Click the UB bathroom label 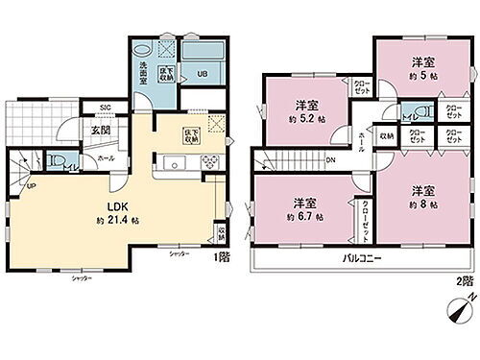point(202,72)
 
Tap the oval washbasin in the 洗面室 point(142,52)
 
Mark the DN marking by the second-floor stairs point(330,161)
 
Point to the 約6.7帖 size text point(305,216)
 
